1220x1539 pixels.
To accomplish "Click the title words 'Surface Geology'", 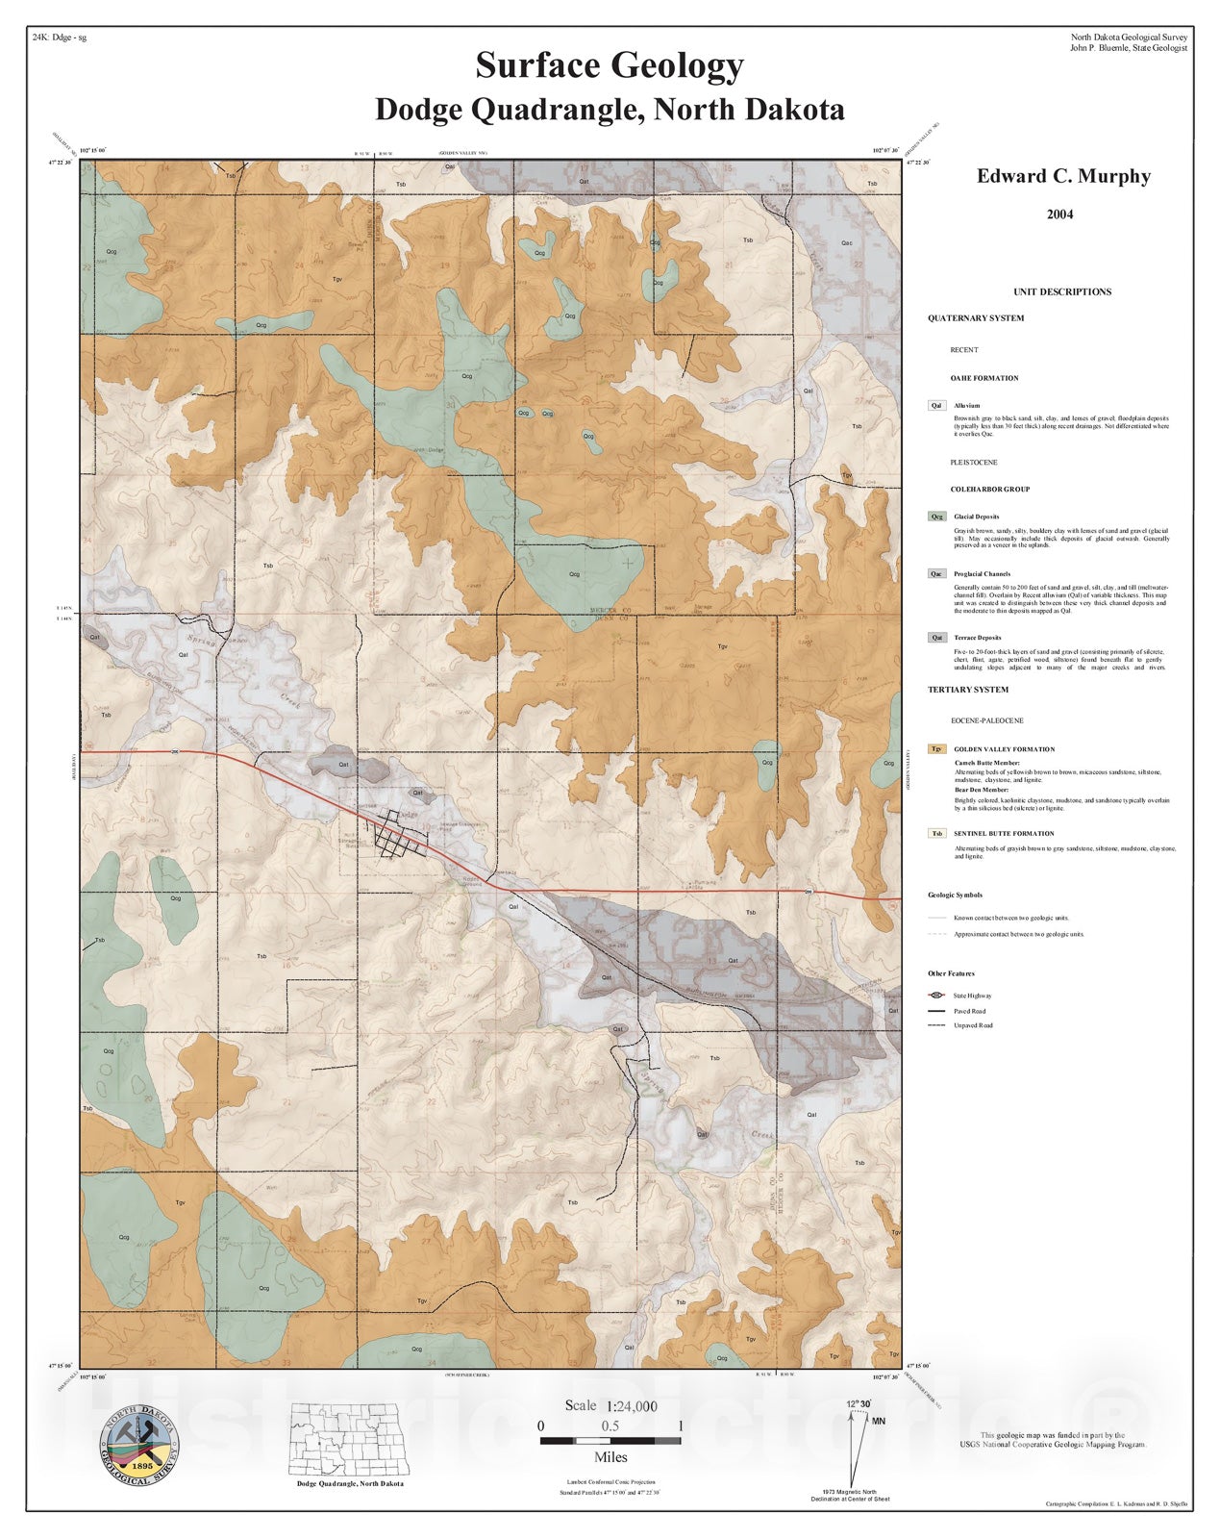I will (610, 66).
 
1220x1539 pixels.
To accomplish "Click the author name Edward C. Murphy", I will (1063, 176).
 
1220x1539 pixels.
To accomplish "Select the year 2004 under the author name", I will (1060, 214).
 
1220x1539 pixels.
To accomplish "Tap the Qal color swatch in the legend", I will (936, 406).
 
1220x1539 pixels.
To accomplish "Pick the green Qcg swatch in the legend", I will (936, 517).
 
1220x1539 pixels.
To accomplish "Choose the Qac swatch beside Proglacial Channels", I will (936, 574).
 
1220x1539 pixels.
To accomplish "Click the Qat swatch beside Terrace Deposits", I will (936, 638).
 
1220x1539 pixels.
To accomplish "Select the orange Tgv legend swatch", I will (936, 749).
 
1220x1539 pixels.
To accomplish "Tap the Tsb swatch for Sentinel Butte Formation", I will (936, 834).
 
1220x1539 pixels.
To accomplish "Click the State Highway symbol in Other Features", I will (936, 996).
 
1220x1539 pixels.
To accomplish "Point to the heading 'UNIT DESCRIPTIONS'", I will (1062, 291).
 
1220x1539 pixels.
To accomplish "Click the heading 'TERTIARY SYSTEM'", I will (968, 690).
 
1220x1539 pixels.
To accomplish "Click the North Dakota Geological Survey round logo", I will (139, 1444).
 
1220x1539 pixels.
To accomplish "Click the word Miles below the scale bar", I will (610, 1457).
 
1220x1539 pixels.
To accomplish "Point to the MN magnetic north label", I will (879, 1420).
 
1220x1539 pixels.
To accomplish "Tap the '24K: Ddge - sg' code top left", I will (60, 38).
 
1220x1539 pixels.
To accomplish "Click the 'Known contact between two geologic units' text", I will (1010, 918).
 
